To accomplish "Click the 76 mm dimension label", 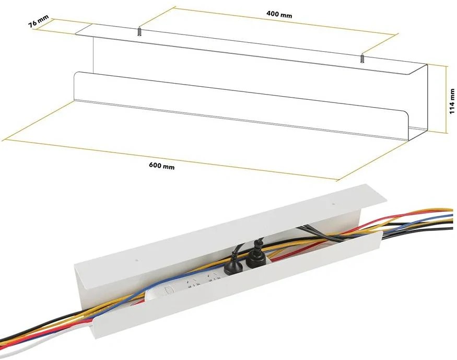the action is pos(39,21).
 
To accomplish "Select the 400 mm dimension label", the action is pos(279,14).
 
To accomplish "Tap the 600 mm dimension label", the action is pos(162,166).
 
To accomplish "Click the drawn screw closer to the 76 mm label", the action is pos(140,31).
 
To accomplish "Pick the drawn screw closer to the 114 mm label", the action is pos(363,59).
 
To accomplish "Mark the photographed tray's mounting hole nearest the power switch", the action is pos(137,259).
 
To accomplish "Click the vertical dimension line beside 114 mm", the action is pos(446,99).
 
